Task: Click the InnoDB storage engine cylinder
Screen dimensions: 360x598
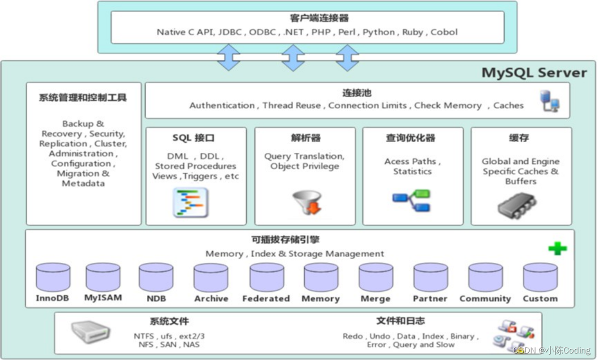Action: [x=53, y=277]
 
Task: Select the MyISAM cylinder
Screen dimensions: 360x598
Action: [x=103, y=277]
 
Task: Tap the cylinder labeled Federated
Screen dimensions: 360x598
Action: [x=266, y=277]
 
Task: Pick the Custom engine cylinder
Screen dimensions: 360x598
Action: [x=540, y=277]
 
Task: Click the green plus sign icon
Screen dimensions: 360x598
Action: [x=557, y=248]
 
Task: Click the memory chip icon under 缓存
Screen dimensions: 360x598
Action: [x=517, y=204]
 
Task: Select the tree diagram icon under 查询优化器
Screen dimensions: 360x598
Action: [x=412, y=200]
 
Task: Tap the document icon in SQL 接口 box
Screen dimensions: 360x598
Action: [x=190, y=202]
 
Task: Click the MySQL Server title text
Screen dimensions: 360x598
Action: [x=534, y=72]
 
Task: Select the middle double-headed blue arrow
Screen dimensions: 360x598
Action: [x=293, y=57]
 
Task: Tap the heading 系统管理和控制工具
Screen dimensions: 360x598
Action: [x=83, y=97]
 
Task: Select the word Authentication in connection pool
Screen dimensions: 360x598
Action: [x=222, y=105]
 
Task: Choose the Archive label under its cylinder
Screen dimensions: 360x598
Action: [x=211, y=298]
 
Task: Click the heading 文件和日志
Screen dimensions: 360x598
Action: [x=400, y=321]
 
